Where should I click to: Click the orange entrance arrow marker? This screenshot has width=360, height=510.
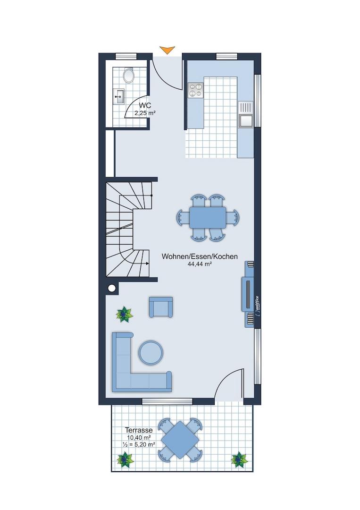(167, 50)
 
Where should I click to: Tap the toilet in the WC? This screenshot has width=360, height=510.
(129, 75)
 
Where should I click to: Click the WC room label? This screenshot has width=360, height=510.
(145, 105)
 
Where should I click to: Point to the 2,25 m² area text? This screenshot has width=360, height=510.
(145, 113)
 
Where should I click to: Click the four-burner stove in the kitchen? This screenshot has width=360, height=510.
(195, 90)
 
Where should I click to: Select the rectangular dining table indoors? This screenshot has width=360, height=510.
(208, 217)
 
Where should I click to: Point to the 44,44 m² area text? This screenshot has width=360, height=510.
(200, 264)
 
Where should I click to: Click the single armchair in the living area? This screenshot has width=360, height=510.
(160, 307)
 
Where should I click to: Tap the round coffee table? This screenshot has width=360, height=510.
(151, 352)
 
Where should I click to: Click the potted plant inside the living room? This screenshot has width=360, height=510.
(125, 314)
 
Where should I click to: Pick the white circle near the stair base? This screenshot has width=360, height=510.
(112, 288)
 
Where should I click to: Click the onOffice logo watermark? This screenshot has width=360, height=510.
(257, 306)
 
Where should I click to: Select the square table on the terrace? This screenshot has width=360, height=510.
(180, 440)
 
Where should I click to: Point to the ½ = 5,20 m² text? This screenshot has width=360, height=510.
(139, 445)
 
